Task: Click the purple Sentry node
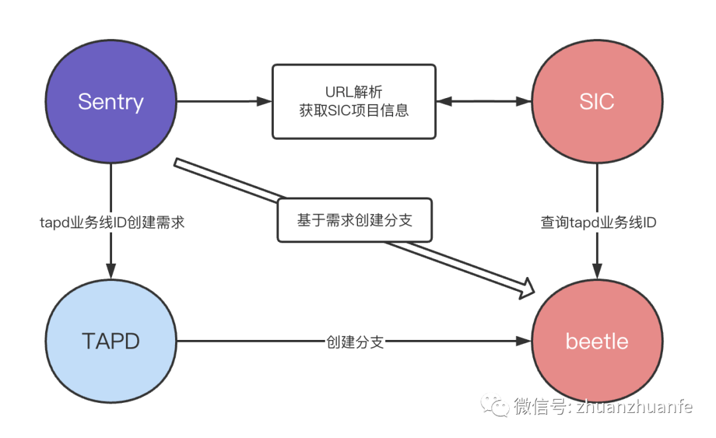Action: click(111, 101)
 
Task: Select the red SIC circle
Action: click(597, 101)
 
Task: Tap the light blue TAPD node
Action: click(111, 341)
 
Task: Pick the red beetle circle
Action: click(597, 341)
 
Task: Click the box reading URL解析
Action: click(354, 101)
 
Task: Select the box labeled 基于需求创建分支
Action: click(354, 220)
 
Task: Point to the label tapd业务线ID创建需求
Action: click(111, 223)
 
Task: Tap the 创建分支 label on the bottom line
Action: click(355, 342)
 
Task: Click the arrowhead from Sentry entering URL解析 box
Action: click(265, 101)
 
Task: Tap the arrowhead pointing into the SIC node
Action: click(524, 101)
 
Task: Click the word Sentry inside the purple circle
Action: click(111, 101)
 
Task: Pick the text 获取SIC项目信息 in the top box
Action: click(354, 110)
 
